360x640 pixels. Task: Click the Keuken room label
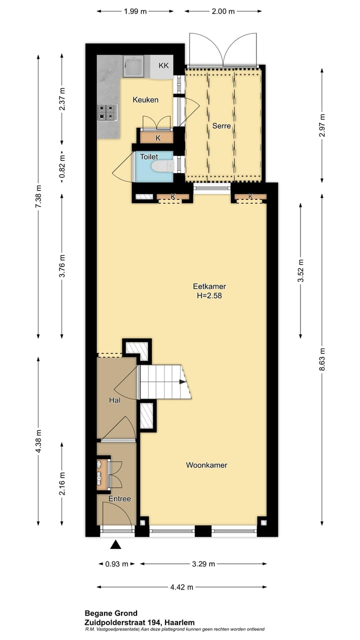(145, 100)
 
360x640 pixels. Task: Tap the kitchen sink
(133, 67)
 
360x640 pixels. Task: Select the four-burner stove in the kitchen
(107, 112)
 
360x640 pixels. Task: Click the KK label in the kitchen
(163, 65)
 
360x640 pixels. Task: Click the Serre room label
(221, 126)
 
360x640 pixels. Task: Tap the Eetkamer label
(209, 286)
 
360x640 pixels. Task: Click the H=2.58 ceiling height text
(209, 295)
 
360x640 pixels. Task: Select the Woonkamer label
(206, 465)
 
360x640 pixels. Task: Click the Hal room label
(115, 400)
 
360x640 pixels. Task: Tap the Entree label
(120, 498)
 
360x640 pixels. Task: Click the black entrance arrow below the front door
(116, 545)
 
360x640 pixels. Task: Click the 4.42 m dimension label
(182, 587)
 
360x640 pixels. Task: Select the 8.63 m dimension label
(322, 358)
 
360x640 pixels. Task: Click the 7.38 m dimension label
(38, 198)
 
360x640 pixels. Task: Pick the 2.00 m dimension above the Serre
(223, 11)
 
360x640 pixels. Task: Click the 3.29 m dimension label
(203, 564)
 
